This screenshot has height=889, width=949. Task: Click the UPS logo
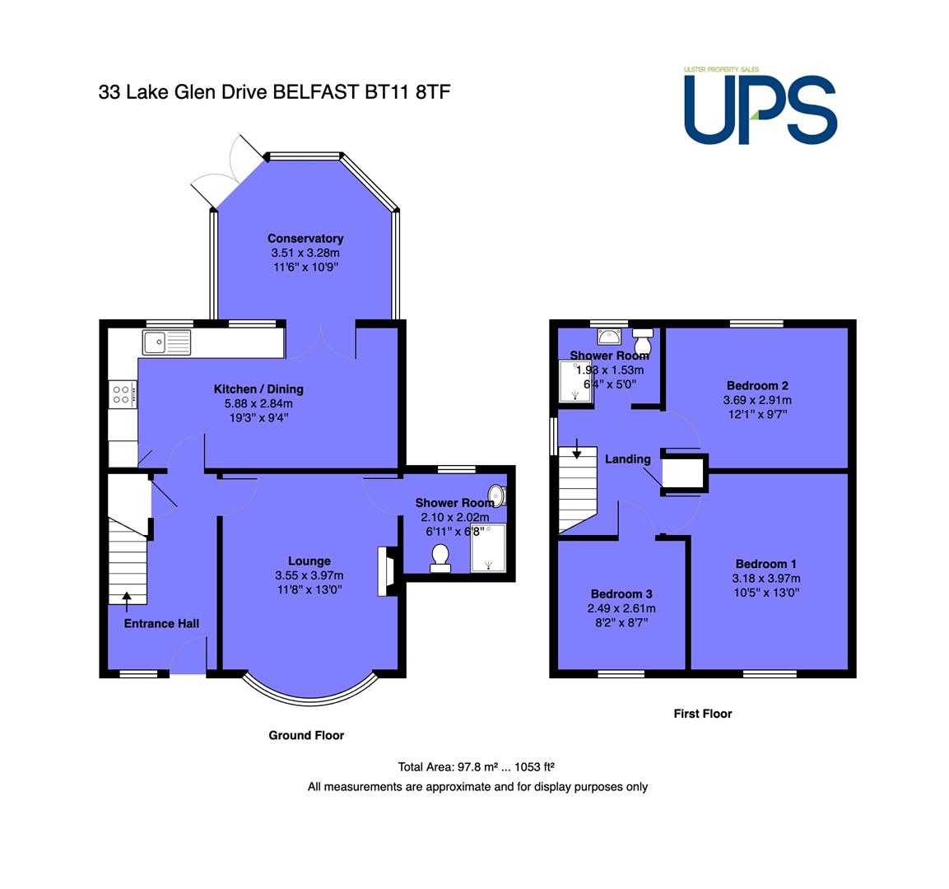pyautogui.click(x=761, y=106)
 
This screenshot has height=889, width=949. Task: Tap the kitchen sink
pyautogui.click(x=166, y=342)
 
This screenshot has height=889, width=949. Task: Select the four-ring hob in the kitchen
pyautogui.click(x=123, y=394)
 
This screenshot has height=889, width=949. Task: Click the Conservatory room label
pyautogui.click(x=305, y=239)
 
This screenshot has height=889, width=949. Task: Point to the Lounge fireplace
pyautogui.click(x=386, y=572)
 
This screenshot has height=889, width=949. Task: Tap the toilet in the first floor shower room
pyautogui.click(x=643, y=342)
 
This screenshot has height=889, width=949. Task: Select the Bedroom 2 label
pyautogui.click(x=757, y=385)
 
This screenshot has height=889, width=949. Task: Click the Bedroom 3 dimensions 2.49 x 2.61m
pyautogui.click(x=621, y=608)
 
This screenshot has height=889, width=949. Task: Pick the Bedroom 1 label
pyautogui.click(x=765, y=564)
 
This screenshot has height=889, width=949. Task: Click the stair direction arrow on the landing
pyautogui.click(x=577, y=449)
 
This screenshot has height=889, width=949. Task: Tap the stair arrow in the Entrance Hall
pyautogui.click(x=127, y=603)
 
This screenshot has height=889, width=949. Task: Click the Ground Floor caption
pyautogui.click(x=306, y=735)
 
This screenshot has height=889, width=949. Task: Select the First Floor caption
pyautogui.click(x=703, y=714)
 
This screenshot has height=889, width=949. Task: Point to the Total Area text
pyautogui.click(x=477, y=766)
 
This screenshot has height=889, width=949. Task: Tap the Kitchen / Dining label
pyautogui.click(x=258, y=389)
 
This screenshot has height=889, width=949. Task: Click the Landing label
pyautogui.click(x=628, y=459)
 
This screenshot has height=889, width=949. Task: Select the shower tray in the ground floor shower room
pyautogui.click(x=488, y=548)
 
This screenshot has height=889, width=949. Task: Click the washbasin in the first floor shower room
pyautogui.click(x=609, y=336)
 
